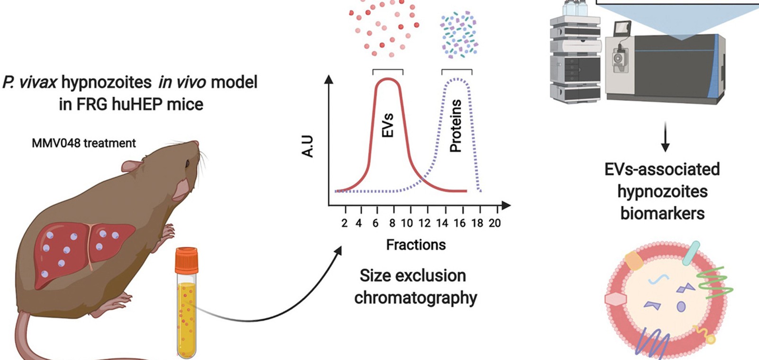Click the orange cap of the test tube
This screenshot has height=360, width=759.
[186, 260]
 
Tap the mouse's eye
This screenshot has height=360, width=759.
[188, 164]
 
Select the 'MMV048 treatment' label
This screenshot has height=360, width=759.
[83, 143]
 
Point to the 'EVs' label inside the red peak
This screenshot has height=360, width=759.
[388, 125]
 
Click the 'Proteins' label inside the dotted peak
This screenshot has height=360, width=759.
[455, 126]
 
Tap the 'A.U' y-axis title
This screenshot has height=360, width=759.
[308, 146]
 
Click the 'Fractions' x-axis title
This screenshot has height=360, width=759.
[416, 245]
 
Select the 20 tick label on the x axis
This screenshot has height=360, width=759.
[495, 223]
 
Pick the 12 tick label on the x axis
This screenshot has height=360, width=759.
[425, 223]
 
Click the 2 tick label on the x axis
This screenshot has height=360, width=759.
[344, 223]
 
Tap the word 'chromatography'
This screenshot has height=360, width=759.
[416, 298]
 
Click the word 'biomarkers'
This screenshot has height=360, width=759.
[662, 213]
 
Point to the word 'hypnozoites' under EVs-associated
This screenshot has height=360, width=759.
[662, 192]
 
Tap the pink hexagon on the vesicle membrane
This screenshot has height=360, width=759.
[616, 299]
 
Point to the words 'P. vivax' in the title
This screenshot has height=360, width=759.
[30, 83]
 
